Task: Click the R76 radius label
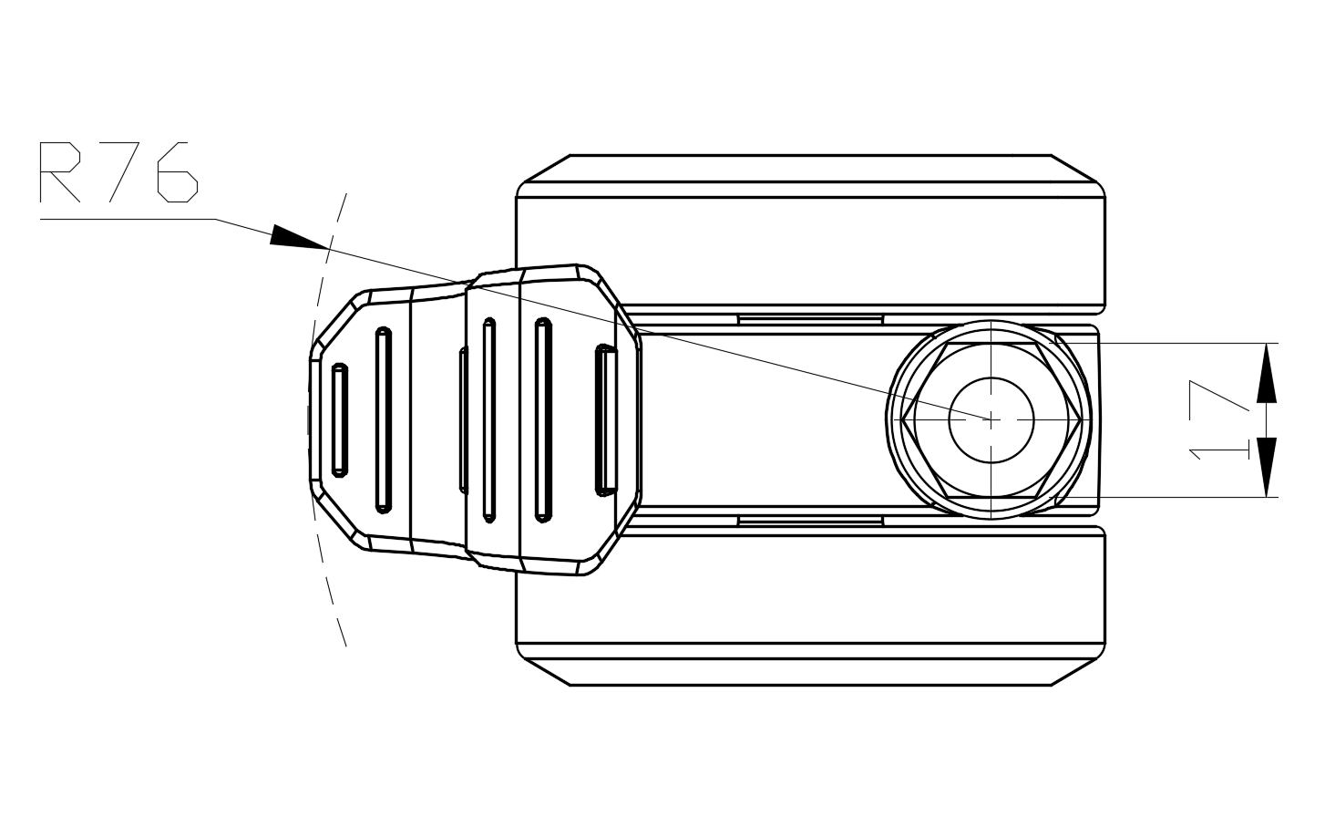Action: tap(118, 172)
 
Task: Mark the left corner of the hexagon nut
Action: tap(902, 419)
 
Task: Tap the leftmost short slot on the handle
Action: tap(339, 419)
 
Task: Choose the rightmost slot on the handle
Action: tap(605, 419)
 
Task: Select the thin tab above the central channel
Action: tap(810, 319)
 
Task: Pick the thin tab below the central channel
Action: tap(810, 521)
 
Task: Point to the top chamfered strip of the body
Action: tap(810, 169)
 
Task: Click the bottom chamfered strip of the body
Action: tap(810, 672)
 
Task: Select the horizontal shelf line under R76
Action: tap(128, 219)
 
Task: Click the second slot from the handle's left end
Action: tap(383, 419)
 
